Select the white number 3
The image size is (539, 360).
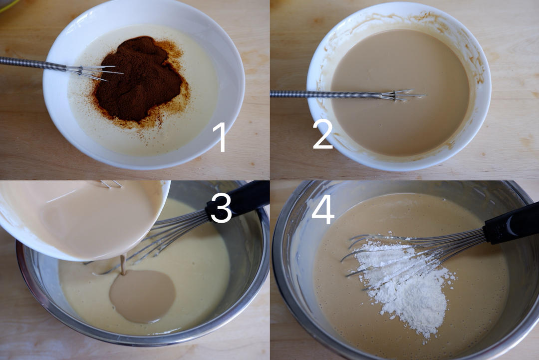[x=221, y=208]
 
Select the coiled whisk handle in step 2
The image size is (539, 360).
[x=326, y=93]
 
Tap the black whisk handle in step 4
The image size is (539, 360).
[x=511, y=223]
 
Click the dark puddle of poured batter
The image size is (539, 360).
[x=143, y=296]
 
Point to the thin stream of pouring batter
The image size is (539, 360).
[x=123, y=265]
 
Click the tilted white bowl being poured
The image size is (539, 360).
[x=82, y=220]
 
